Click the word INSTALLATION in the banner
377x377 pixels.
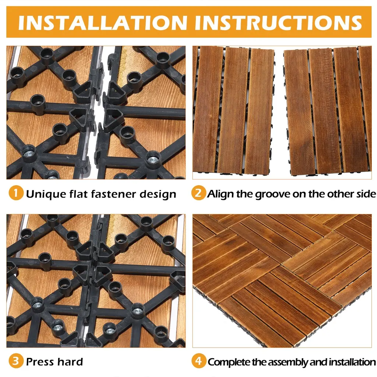103,22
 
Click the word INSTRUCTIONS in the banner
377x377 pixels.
278,22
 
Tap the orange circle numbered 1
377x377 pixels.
16,193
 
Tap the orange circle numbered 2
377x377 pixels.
198,193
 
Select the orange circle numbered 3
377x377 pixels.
16,361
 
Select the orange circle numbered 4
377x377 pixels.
198,361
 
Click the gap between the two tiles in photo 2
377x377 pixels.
279,110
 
